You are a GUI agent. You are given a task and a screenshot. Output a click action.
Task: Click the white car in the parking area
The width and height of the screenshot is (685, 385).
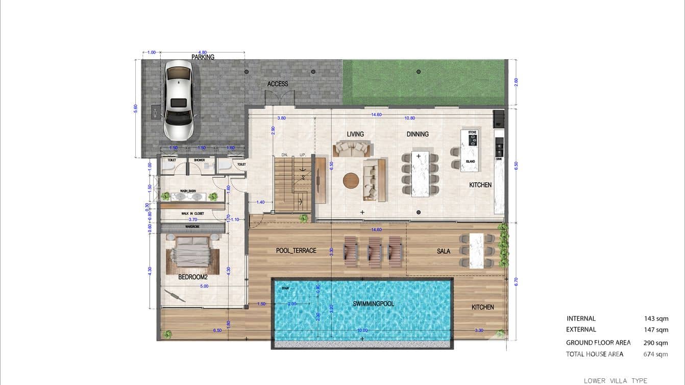179,100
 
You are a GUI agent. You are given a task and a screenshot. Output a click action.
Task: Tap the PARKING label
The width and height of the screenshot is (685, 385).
203,57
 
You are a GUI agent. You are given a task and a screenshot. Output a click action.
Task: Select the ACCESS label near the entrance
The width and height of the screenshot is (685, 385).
278,84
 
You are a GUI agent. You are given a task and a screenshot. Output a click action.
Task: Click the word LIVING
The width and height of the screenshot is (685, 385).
355,134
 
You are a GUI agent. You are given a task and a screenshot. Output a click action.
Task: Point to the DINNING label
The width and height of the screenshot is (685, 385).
418,134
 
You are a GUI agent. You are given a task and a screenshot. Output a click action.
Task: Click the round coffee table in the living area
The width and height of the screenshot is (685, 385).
351,181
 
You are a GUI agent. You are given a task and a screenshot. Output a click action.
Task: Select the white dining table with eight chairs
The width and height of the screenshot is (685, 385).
420,174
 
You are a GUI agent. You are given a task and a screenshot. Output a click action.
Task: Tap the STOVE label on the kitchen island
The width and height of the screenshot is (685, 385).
472,132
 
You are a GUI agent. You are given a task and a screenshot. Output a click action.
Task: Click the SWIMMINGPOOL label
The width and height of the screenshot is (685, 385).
374,304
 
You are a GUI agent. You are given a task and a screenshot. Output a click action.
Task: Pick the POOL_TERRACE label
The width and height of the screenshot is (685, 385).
296,251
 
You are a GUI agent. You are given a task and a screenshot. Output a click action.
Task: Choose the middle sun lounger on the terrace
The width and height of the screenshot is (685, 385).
375,251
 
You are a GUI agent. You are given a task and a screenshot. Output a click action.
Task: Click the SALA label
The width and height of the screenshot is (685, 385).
444,251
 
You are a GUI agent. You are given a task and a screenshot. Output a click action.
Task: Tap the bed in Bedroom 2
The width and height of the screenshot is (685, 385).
191,252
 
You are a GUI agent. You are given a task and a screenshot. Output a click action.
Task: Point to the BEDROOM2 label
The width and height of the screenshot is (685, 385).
193,277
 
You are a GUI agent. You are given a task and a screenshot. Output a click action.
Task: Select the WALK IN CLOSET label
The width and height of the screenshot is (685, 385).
192,214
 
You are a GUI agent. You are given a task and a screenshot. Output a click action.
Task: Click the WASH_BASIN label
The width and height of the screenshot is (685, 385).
188,191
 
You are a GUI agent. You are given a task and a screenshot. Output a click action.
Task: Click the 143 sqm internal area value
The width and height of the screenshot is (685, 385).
656,319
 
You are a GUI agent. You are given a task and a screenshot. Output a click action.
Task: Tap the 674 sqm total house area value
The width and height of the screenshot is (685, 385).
655,354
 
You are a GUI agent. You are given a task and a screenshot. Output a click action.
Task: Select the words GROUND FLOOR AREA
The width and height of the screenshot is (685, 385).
598,343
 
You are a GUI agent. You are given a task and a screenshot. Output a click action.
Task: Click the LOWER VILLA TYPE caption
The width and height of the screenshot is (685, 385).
616,381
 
